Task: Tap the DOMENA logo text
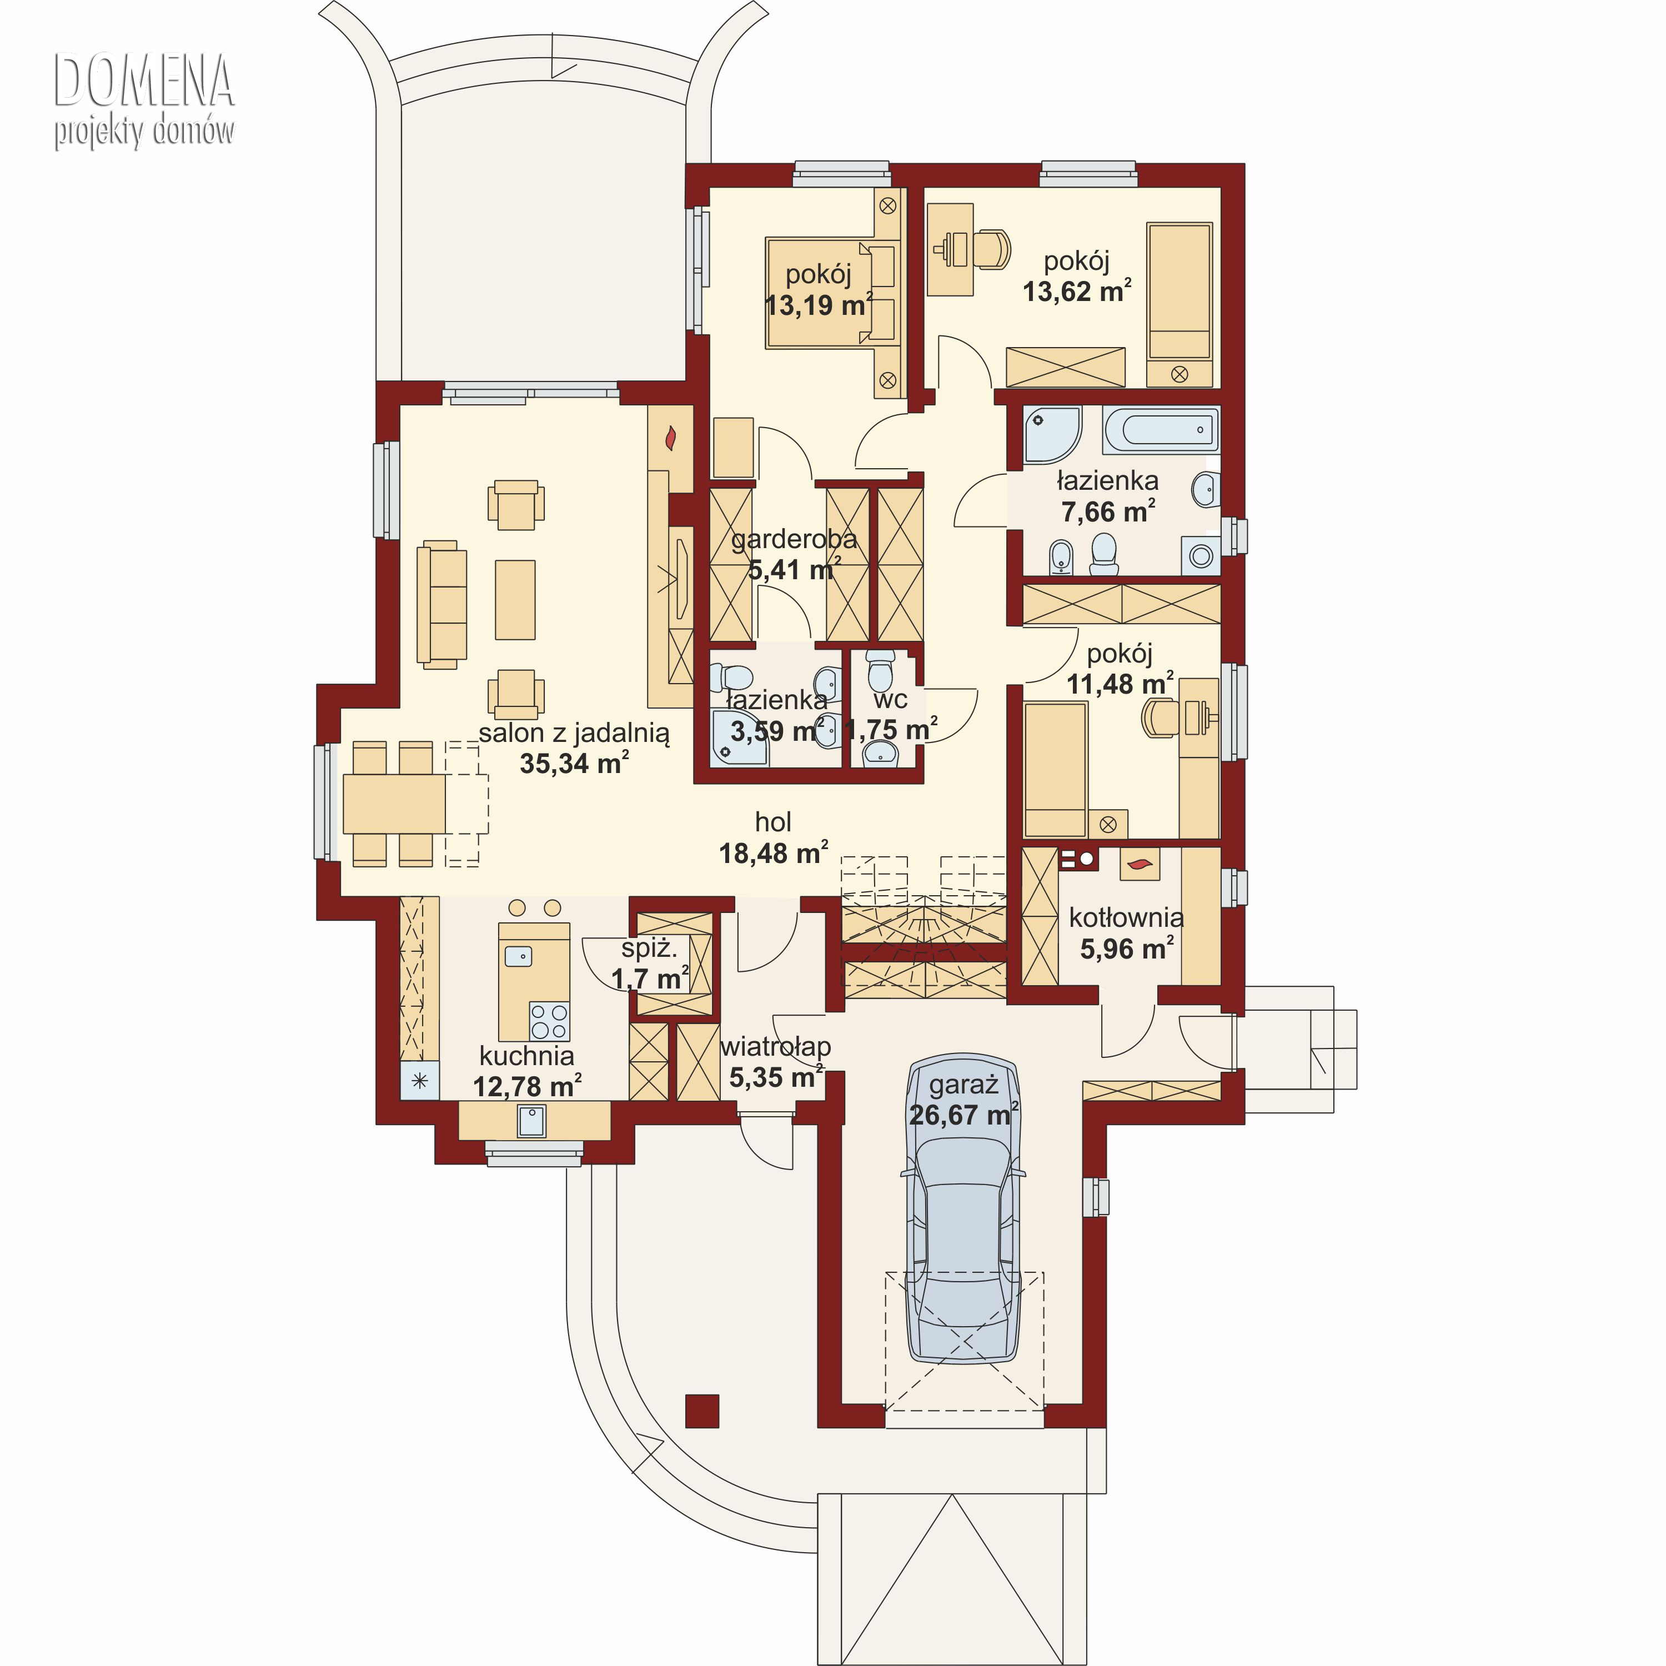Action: coord(144,80)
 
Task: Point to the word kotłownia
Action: coord(1126,917)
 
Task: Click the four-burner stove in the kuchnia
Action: coord(549,1021)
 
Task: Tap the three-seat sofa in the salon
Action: coord(441,605)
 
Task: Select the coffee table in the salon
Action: coord(515,599)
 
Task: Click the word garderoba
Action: coord(794,540)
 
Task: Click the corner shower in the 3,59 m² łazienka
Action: coord(739,738)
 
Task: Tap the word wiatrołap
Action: coord(775,1047)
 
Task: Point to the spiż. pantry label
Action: coord(649,950)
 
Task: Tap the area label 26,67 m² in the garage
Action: coord(963,1115)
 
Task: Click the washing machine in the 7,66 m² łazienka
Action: coord(1201,555)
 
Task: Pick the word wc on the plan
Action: coord(890,699)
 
